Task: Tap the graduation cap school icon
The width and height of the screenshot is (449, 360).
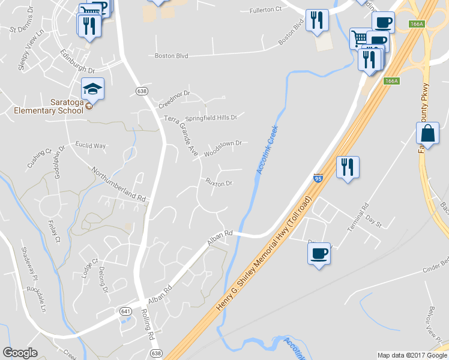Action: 92,89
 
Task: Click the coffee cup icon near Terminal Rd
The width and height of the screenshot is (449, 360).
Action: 319,253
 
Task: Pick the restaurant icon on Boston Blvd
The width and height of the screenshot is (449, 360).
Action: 316,21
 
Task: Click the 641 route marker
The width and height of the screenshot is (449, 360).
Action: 125,311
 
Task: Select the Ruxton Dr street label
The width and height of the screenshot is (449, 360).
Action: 218,182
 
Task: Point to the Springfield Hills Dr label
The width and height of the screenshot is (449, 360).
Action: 211,118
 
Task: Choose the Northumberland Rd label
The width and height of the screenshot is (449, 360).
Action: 119,184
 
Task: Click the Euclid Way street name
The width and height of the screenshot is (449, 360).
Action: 90,146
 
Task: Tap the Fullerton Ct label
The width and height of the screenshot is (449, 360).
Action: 265,10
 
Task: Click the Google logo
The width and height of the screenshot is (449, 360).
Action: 20,353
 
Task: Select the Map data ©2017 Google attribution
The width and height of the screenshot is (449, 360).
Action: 412,355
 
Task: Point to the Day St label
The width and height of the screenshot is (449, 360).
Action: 374,222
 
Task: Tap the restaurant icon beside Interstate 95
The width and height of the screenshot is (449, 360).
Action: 347,167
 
